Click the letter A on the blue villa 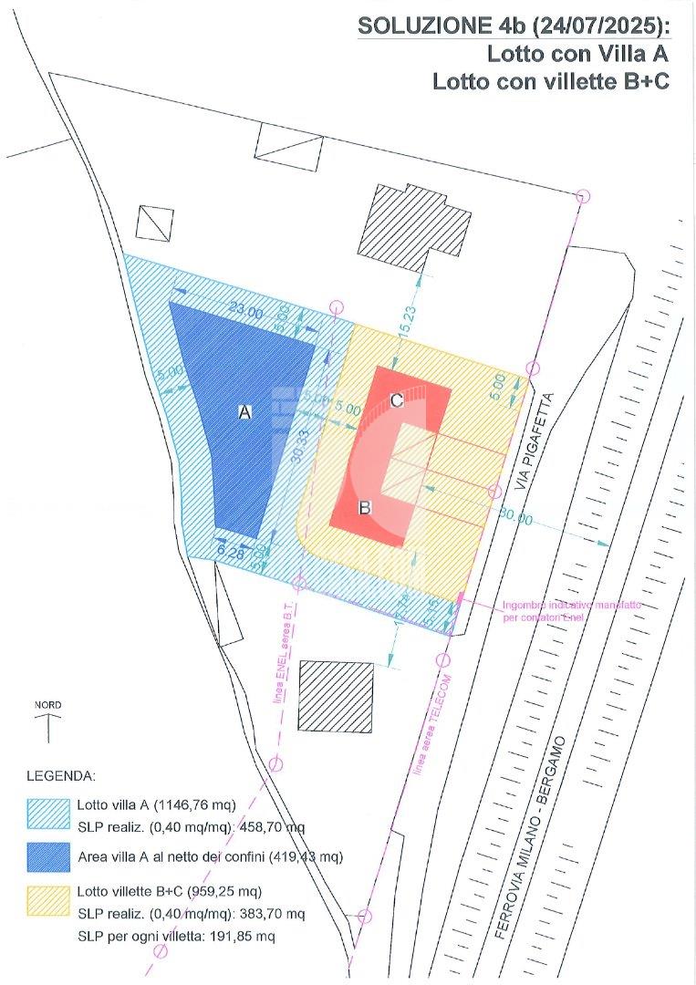(244, 412)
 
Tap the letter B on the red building (364, 508)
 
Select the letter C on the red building (397, 400)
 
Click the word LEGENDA (60, 777)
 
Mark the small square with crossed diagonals (154, 223)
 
